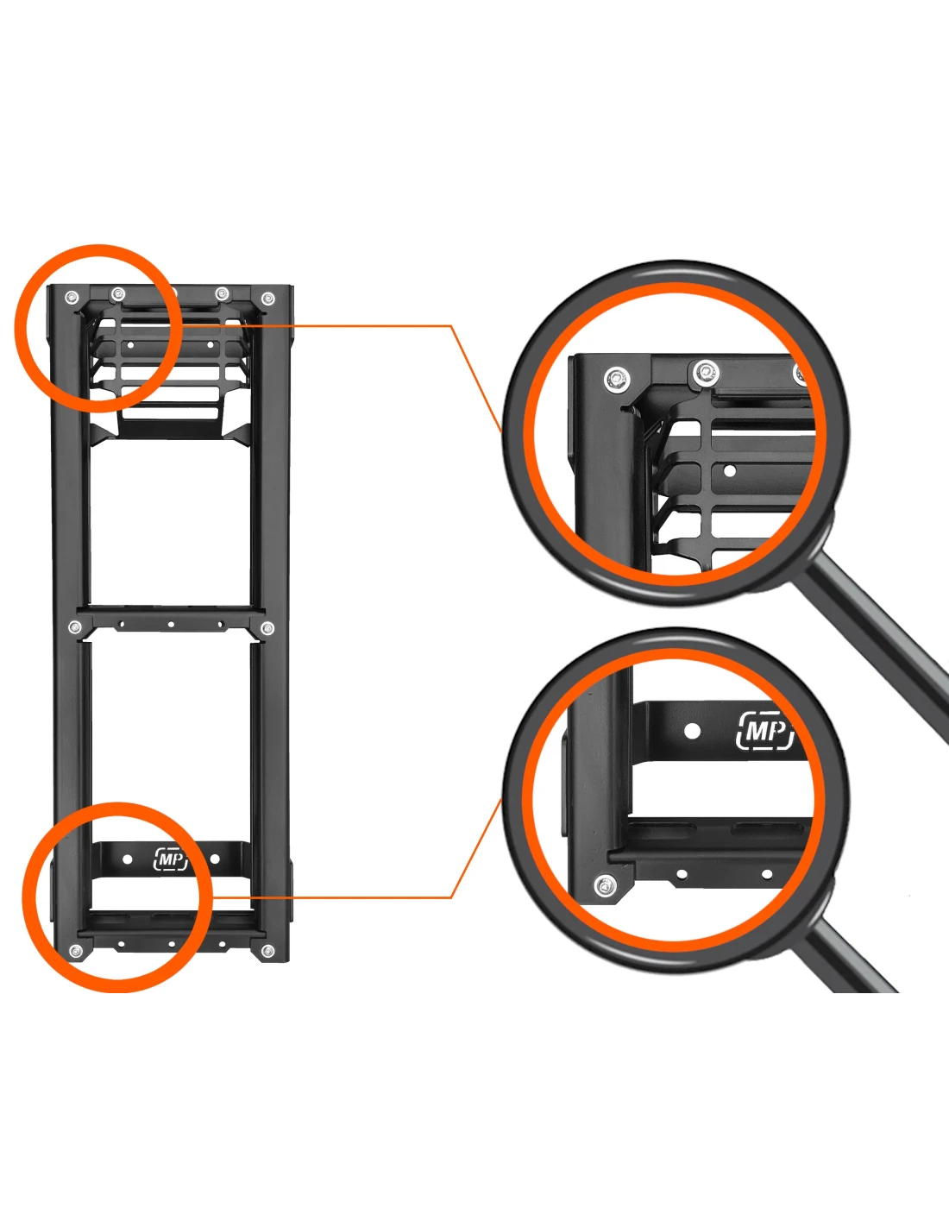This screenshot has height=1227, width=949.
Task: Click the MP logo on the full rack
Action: click(x=171, y=859)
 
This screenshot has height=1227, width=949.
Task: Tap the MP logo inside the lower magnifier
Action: click(x=764, y=731)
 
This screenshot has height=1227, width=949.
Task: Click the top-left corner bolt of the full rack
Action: click(x=71, y=297)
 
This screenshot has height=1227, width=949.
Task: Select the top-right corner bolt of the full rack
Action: click(x=267, y=298)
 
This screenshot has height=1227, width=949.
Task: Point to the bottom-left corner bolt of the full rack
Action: click(x=75, y=952)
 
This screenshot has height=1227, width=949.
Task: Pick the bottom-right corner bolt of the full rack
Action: click(x=268, y=952)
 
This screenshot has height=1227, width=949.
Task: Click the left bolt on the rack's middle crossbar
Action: click(x=74, y=626)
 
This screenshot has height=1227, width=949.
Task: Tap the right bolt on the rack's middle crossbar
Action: click(x=267, y=627)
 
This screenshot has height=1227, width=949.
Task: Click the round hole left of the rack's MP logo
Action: click(x=128, y=859)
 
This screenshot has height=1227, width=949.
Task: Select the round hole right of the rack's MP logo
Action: click(x=215, y=859)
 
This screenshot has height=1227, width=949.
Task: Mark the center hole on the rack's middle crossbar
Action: click(x=171, y=625)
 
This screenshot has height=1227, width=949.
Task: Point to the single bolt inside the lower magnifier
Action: click(x=605, y=887)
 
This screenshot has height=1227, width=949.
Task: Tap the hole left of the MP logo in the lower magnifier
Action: click(x=692, y=731)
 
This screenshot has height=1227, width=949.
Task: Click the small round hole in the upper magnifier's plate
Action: click(x=730, y=469)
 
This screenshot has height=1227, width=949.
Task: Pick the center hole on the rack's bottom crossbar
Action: click(x=171, y=943)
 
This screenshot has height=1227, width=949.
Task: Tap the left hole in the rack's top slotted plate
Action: click(x=131, y=343)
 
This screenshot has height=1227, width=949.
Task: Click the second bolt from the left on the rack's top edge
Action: click(x=117, y=293)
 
